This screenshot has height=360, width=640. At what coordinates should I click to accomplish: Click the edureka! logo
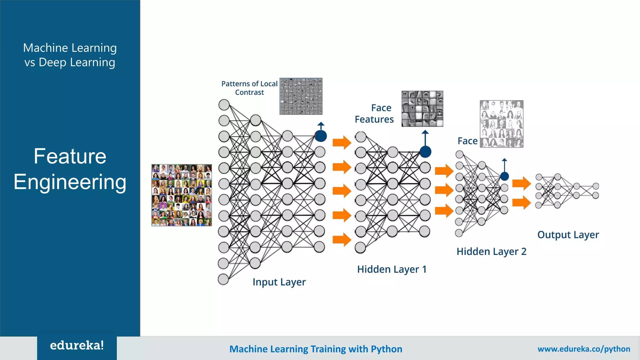(x=77, y=346)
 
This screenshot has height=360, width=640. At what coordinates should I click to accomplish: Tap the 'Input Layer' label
(x=279, y=282)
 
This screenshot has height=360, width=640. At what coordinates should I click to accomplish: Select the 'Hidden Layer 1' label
(x=392, y=269)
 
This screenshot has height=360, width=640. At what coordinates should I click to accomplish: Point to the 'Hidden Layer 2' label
(x=491, y=251)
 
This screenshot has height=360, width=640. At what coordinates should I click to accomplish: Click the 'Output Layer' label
(x=568, y=235)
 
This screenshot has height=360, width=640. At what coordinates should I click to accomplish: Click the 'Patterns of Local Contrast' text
(x=249, y=88)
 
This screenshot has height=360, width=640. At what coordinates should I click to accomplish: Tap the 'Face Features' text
(x=374, y=113)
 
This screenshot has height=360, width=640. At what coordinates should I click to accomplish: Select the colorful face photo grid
(x=182, y=195)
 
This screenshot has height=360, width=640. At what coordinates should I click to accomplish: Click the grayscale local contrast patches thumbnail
(x=301, y=96)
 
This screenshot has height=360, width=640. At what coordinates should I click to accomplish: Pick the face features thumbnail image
(x=422, y=109)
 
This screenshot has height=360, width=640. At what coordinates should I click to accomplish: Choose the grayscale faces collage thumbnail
(x=501, y=124)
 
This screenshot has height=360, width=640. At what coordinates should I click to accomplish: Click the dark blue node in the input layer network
(x=321, y=136)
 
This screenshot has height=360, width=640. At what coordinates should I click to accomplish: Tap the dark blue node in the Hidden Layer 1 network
(x=425, y=152)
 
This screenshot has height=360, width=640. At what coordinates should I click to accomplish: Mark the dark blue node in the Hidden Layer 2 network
(x=504, y=176)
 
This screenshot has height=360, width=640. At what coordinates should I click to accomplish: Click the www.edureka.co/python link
(x=583, y=349)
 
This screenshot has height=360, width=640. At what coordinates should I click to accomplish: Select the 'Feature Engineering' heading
(x=70, y=169)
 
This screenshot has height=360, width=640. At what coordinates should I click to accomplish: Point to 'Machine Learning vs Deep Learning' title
(x=70, y=55)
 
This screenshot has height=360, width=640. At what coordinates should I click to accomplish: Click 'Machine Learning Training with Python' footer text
(x=316, y=349)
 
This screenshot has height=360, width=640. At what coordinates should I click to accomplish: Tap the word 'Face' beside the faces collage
(x=467, y=141)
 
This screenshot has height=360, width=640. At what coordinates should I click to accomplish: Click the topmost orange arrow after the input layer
(x=342, y=143)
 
